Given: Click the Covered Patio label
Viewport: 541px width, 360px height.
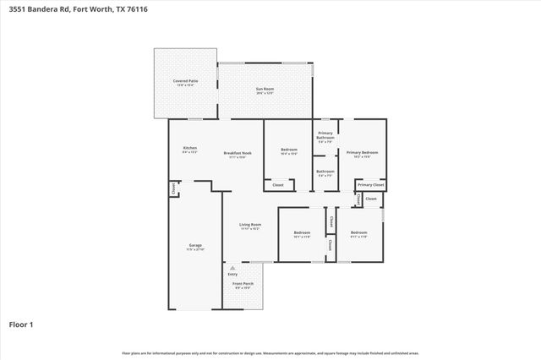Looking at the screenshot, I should coord(186,81).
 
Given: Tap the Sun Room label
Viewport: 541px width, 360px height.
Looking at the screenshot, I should coord(265,88).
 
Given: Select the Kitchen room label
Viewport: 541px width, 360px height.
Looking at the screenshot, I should coord(190,149).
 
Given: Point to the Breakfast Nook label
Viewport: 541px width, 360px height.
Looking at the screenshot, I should coord(235,153).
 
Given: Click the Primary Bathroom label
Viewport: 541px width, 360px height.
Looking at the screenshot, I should coord(325,135).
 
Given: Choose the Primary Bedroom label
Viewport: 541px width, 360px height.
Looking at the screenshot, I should coord(361,153).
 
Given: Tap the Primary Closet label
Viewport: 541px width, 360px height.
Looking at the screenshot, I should coord(370,184).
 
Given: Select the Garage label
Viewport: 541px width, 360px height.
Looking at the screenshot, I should coord(195,246).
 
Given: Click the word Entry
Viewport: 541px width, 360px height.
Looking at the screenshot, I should coord(232,274).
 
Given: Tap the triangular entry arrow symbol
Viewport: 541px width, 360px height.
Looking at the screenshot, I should coord(232,267).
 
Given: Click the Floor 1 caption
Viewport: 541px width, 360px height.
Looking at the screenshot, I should coord(21,324).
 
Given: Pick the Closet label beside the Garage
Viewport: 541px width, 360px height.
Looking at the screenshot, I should coord(173,189).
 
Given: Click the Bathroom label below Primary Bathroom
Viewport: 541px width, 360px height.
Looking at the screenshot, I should coord(325,172).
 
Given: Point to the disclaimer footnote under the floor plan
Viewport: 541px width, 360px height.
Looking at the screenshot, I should coord(270,352).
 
